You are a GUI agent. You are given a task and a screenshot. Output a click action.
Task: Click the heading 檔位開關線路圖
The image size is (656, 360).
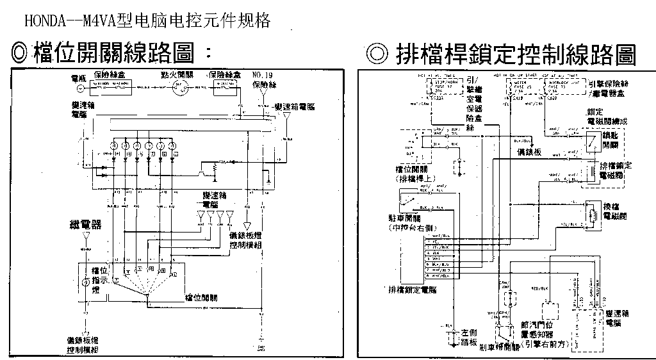[x=111, y=52]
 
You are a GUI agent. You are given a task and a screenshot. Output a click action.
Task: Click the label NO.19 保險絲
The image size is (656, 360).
[x=262, y=79]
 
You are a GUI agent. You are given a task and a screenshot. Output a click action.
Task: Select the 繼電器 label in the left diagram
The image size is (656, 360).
[x=86, y=225]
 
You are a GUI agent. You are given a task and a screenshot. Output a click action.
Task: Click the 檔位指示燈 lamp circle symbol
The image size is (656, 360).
[x=86, y=282]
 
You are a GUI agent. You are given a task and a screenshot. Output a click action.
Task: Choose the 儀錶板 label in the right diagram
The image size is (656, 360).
[x=530, y=152]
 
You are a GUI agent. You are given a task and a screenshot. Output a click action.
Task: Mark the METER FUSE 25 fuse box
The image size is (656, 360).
[x=523, y=86]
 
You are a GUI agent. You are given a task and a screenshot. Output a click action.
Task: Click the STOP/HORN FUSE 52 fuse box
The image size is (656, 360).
[x=443, y=86]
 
